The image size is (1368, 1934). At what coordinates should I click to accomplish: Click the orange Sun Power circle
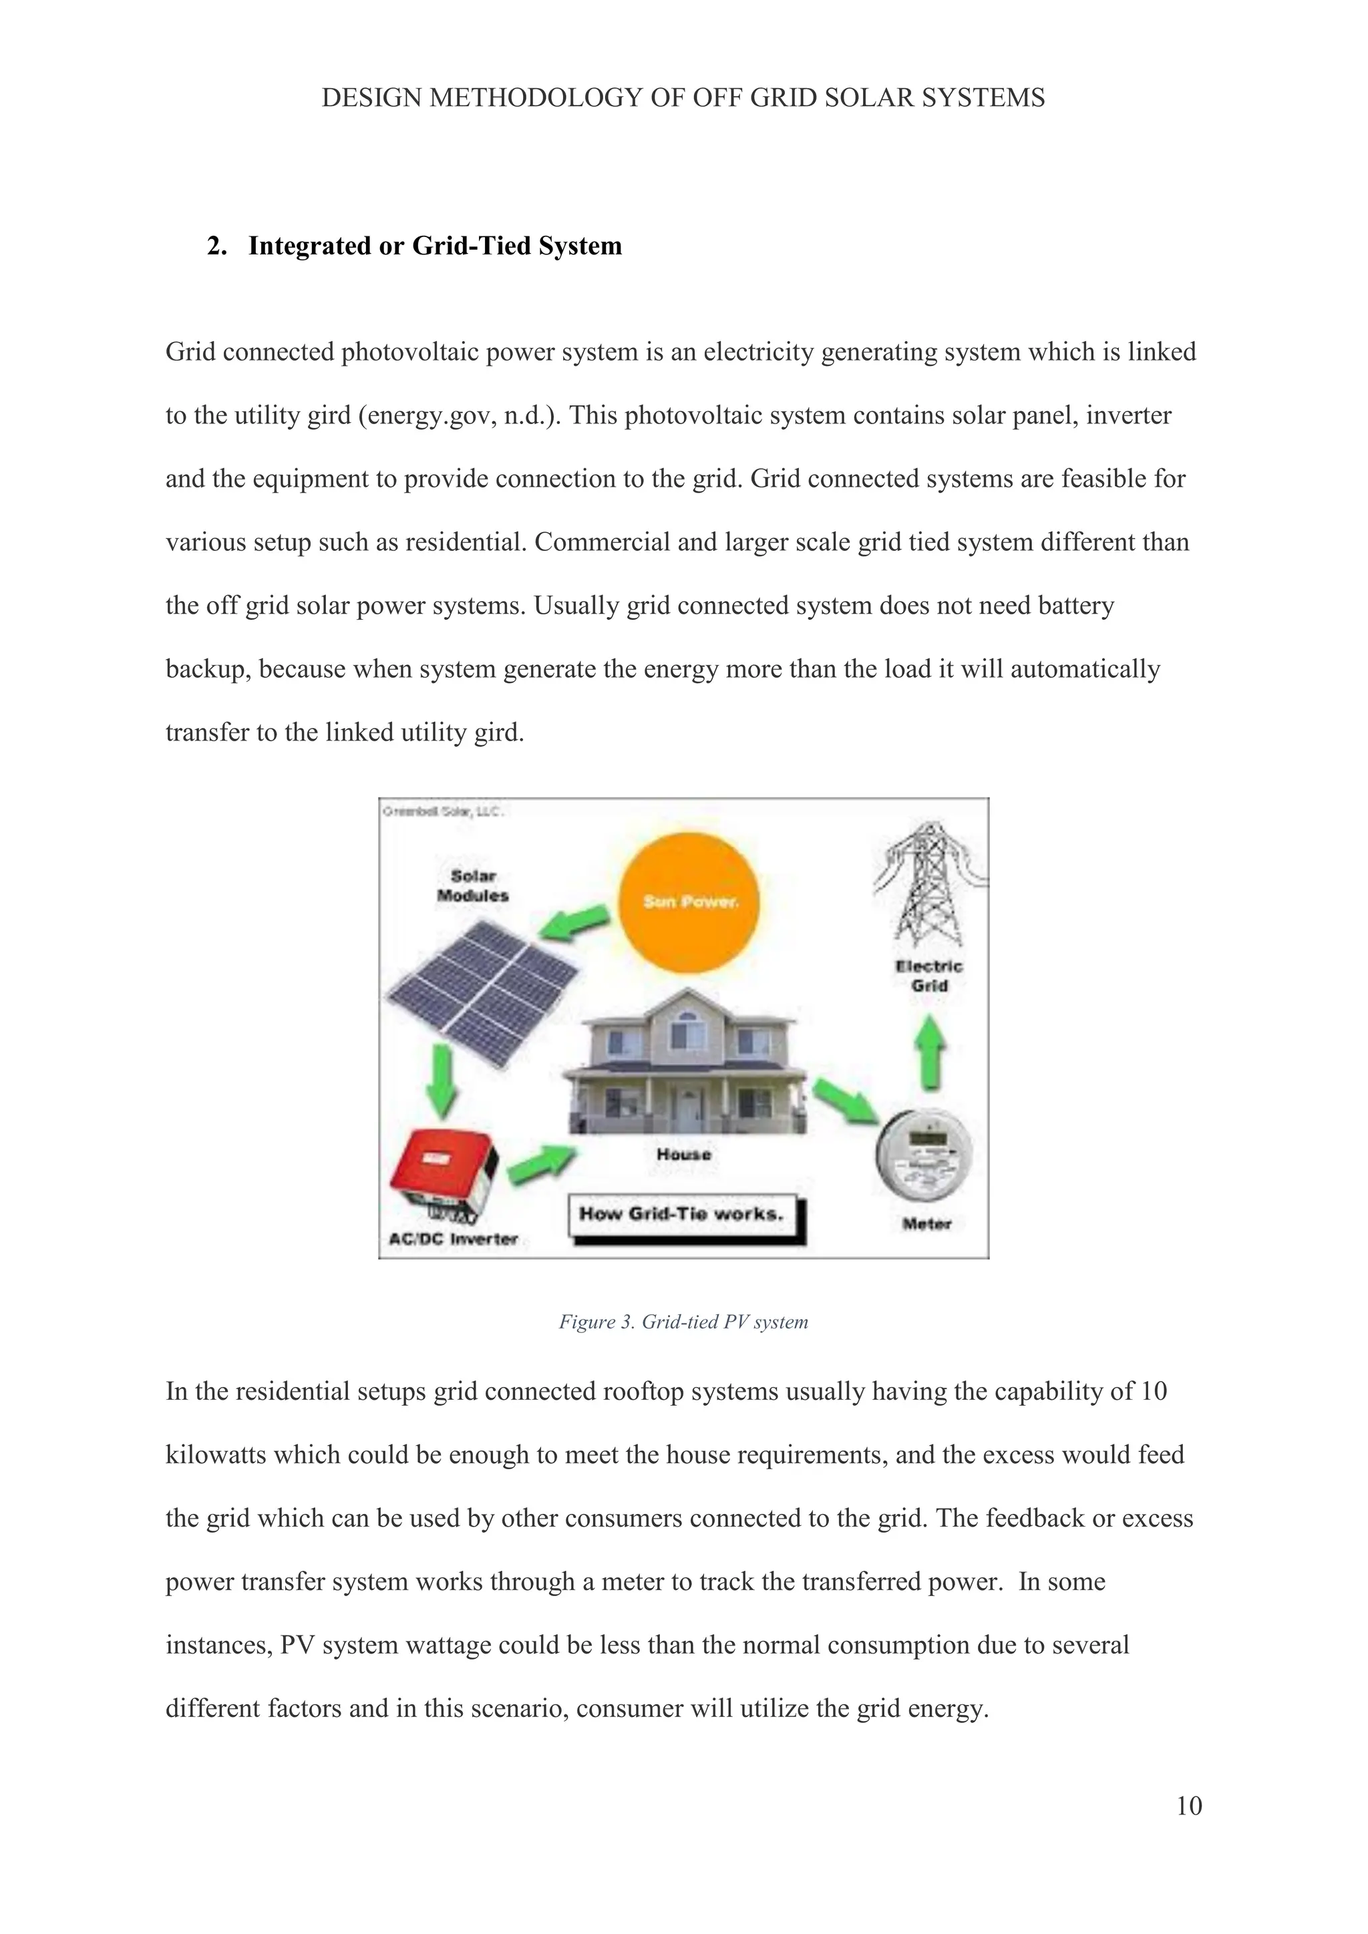click(x=689, y=902)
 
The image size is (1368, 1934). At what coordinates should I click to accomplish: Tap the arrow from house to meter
click(x=846, y=1099)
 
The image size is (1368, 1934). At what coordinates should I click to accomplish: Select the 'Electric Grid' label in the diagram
click(x=928, y=976)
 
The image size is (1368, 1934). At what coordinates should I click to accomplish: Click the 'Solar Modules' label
click(x=472, y=886)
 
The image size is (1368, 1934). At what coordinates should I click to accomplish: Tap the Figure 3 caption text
click(x=683, y=1322)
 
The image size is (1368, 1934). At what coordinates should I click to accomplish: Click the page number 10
click(x=1188, y=1805)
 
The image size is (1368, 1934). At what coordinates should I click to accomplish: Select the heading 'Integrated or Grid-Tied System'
click(x=435, y=246)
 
